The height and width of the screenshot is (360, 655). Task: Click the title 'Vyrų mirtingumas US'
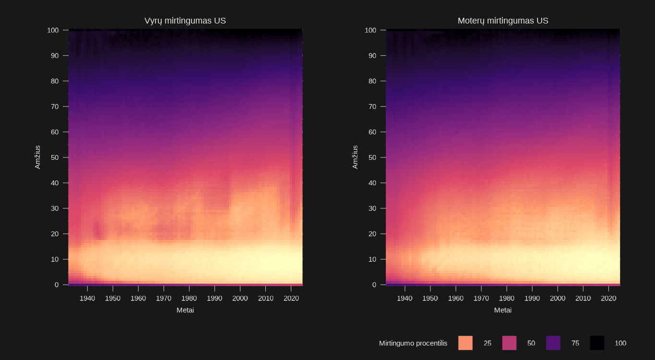click(185, 21)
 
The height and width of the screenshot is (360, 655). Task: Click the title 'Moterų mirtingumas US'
click(502, 21)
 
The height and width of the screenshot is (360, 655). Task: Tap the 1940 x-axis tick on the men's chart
click(87, 298)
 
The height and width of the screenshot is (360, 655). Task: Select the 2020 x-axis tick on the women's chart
click(608, 298)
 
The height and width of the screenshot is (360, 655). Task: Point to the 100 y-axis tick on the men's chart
click(53, 30)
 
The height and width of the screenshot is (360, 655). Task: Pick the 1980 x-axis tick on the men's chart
click(189, 298)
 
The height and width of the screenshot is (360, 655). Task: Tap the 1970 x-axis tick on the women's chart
click(481, 298)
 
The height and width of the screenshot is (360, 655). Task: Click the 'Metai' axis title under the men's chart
click(185, 310)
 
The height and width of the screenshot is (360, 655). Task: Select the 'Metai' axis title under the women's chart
click(503, 310)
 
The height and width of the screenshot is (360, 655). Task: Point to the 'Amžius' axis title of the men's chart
click(37, 157)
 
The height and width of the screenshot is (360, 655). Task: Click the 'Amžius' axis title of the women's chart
click(355, 157)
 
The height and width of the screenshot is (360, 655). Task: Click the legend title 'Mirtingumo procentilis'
click(413, 343)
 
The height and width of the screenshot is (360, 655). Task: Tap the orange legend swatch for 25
click(465, 343)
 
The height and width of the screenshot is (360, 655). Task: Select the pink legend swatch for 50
click(509, 343)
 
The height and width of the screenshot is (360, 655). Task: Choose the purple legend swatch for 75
click(553, 343)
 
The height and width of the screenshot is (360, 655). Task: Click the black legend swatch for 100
click(597, 343)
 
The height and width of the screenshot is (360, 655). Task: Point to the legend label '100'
click(620, 343)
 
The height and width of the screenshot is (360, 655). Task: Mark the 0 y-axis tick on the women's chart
click(376, 285)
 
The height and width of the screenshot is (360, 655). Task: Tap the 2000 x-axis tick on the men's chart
click(240, 298)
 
